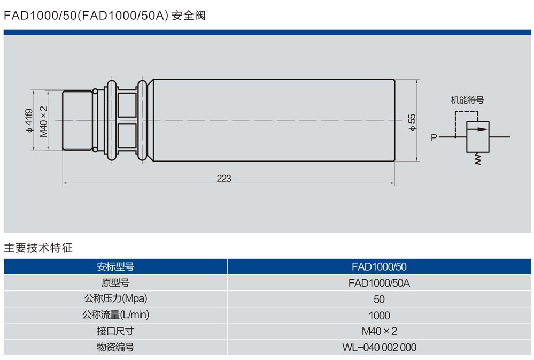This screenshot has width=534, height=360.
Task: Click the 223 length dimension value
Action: pyautogui.click(x=224, y=178)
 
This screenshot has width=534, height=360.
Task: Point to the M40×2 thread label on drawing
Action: pyautogui.click(x=44, y=120)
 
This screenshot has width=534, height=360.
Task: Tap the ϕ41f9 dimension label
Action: pyautogui.click(x=29, y=120)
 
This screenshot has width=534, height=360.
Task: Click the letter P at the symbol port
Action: pyautogui.click(x=434, y=137)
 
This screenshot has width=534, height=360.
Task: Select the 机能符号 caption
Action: pyautogui.click(x=467, y=100)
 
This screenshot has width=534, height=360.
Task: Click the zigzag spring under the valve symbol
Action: pyautogui.click(x=477, y=158)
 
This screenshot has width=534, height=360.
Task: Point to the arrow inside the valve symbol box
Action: pyautogui.click(x=477, y=129)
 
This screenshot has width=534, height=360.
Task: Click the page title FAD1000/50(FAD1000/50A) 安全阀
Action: pyautogui.click(x=105, y=16)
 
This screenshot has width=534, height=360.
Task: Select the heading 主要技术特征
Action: pyautogui.click(x=38, y=248)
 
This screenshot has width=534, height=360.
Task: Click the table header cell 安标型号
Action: pyautogui.click(x=115, y=266)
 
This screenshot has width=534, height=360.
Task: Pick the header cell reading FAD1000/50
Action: pyautogui.click(x=379, y=266)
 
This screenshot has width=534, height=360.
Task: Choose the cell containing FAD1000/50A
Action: pyautogui.click(x=379, y=282)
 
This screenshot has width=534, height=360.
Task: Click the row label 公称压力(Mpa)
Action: pyautogui.click(x=115, y=298)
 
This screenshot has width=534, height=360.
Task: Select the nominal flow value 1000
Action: pyautogui.click(x=379, y=315)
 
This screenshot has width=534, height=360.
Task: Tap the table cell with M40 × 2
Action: pyautogui.click(x=379, y=331)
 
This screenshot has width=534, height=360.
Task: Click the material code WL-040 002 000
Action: pyautogui.click(x=379, y=348)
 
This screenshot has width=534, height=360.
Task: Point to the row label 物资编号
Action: pyautogui.click(x=115, y=348)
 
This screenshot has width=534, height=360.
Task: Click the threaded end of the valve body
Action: pyautogui.click(x=78, y=120)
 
